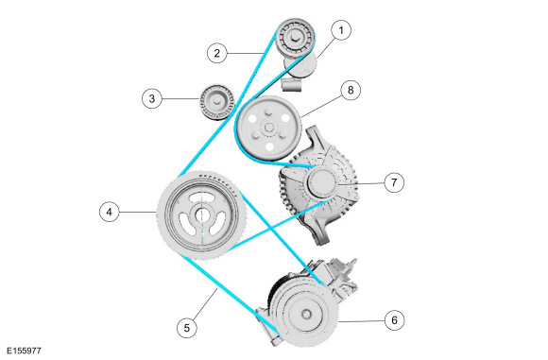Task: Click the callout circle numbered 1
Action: [x=341, y=30]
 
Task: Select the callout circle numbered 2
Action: [x=217, y=53]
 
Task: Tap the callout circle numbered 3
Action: [x=152, y=98]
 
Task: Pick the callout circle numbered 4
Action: [x=110, y=212]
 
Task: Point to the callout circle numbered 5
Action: [x=187, y=328]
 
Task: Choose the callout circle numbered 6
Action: [x=395, y=320]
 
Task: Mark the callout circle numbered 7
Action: [x=394, y=182]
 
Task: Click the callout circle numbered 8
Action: [x=351, y=90]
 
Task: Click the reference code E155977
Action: [x=24, y=351]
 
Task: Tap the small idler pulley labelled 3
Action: [x=216, y=102]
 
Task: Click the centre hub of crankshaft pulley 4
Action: [x=201, y=214]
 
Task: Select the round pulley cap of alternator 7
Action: [x=322, y=182]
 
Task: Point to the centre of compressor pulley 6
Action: [x=306, y=314]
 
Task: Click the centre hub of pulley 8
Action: [x=268, y=128]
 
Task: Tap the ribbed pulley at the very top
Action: [x=296, y=38]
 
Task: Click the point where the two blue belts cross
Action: [x=271, y=229]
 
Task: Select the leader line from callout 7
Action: [x=361, y=182]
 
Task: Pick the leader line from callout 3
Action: [x=180, y=99]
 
